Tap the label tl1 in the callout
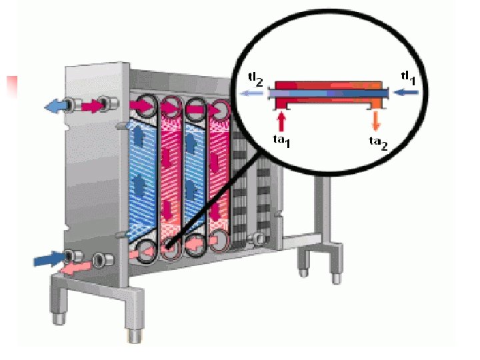tap(408, 77)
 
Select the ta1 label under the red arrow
tap(281, 139)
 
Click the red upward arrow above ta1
tap(281, 121)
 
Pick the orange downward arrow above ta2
tap(377, 120)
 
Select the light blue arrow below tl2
tap(253, 95)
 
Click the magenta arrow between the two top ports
tap(88, 105)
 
